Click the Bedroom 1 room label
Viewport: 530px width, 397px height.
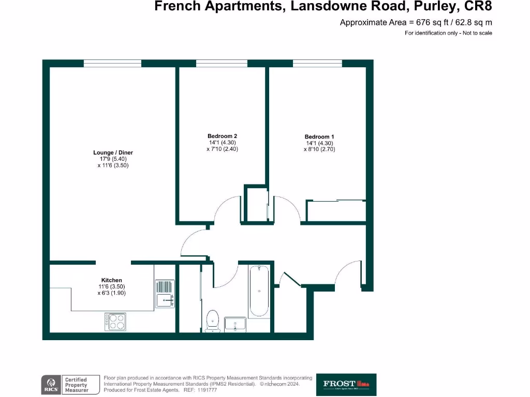pyautogui.click(x=316, y=136)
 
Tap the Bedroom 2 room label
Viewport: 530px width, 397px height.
pyautogui.click(x=222, y=136)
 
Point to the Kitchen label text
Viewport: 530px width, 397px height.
pyautogui.click(x=111, y=280)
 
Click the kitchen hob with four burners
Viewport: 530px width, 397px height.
pyautogui.click(x=115, y=322)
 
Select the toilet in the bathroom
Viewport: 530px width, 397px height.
pyautogui.click(x=212, y=321)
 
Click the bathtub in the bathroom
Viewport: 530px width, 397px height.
pyautogui.click(x=258, y=291)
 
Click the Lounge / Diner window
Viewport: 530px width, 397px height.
pyautogui.click(x=112, y=63)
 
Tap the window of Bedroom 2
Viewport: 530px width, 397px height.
pyautogui.click(x=222, y=63)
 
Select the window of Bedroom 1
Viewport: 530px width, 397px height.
pyautogui.click(x=317, y=63)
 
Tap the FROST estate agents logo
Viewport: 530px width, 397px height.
pyautogui.click(x=346, y=384)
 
